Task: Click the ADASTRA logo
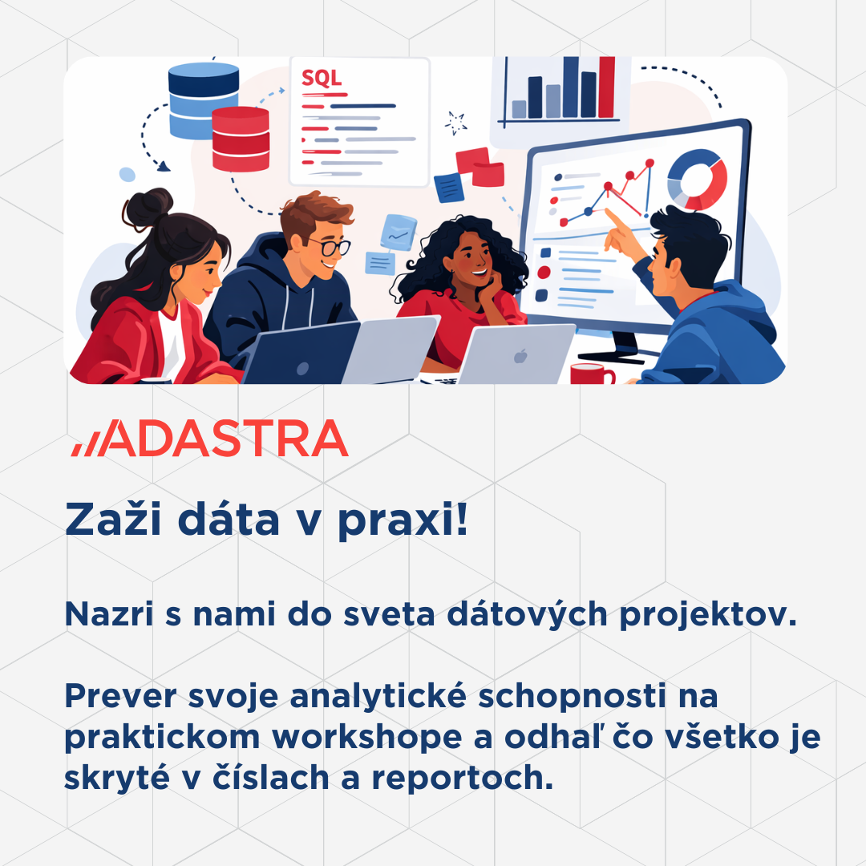coord(210,438)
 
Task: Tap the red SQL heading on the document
coord(322,78)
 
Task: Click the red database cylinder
coord(241,140)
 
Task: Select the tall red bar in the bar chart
coord(606,87)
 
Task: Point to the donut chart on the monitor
coord(697,179)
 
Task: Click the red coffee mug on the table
coord(592,374)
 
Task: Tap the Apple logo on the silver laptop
coord(520,356)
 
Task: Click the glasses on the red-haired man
coord(330,246)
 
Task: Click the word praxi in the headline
coord(403,521)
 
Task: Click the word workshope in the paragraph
coord(367,737)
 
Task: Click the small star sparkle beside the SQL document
coord(456,123)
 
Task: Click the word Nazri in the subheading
coord(109,614)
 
